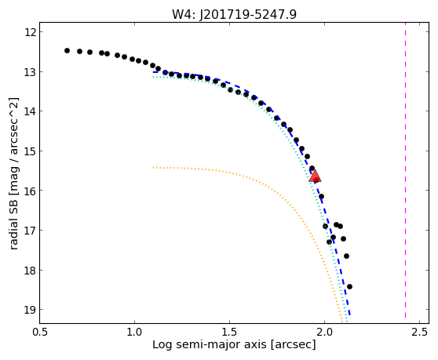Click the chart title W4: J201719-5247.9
coord(234,14)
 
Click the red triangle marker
coord(315,175)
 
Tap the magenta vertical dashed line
coord(405,173)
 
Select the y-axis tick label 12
coord(30,32)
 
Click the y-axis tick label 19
coord(30,310)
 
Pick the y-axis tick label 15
coord(30,151)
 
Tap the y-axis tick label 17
coord(30,231)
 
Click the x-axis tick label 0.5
coord(39,332)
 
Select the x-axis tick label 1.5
coord(229,332)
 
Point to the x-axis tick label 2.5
coord(419,332)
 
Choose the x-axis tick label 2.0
coord(324,332)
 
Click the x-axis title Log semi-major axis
coord(210,345)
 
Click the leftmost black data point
coord(67,50)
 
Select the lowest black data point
coord(349,286)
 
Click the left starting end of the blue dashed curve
coord(153,72)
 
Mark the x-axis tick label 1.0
coord(134,332)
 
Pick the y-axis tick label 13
coord(30,72)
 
